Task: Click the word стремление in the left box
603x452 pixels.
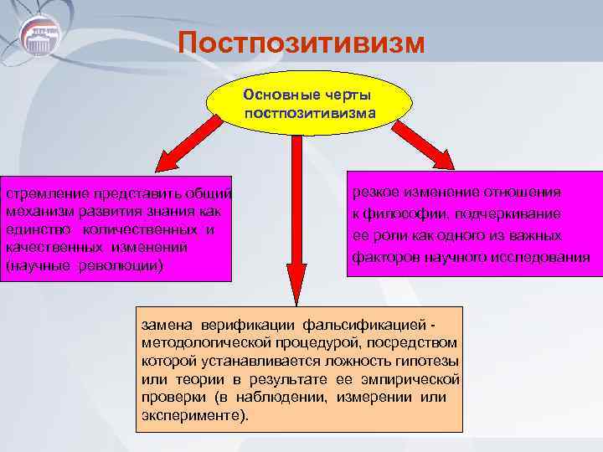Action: (43, 193)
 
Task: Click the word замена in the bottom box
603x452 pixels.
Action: (167, 324)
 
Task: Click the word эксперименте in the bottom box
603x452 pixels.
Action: (193, 416)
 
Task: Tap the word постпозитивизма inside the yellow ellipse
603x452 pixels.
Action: (310, 112)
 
